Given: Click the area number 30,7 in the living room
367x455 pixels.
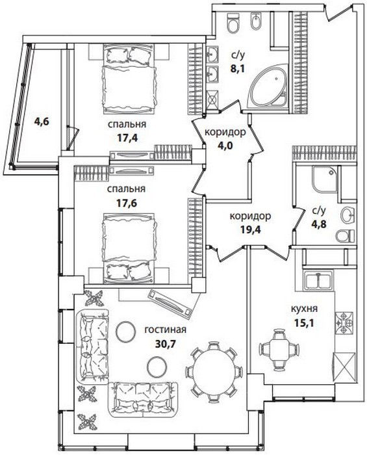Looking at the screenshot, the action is [x=166, y=344].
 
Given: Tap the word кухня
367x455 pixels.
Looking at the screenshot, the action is [x=304, y=308].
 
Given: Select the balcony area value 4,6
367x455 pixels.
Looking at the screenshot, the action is [x=42, y=121].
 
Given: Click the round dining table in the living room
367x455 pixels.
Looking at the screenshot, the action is [x=214, y=372].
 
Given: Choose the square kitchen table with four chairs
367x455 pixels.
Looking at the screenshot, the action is [x=279, y=349].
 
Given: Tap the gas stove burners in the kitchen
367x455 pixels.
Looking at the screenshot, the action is [x=344, y=323].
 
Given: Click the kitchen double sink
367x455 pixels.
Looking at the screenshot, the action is [x=318, y=279].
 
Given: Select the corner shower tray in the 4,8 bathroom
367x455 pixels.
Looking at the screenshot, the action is [x=325, y=179].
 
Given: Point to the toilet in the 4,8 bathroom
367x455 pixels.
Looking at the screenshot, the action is [x=345, y=235].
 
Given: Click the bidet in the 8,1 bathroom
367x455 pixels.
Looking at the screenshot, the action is [x=256, y=21].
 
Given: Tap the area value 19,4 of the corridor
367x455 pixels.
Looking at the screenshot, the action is [x=251, y=229].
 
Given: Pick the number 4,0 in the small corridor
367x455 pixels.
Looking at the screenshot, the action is [x=225, y=145].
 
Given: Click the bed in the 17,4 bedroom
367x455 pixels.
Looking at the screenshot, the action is [x=129, y=79].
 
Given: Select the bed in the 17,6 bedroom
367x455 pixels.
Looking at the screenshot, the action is [x=129, y=248].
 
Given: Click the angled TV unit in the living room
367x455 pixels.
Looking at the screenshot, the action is [x=170, y=304].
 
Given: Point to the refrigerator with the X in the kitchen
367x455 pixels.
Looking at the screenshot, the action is [x=344, y=367].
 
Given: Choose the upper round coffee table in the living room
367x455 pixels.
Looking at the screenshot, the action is [x=125, y=332].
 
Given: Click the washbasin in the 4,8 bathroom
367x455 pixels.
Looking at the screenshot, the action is [x=348, y=215].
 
